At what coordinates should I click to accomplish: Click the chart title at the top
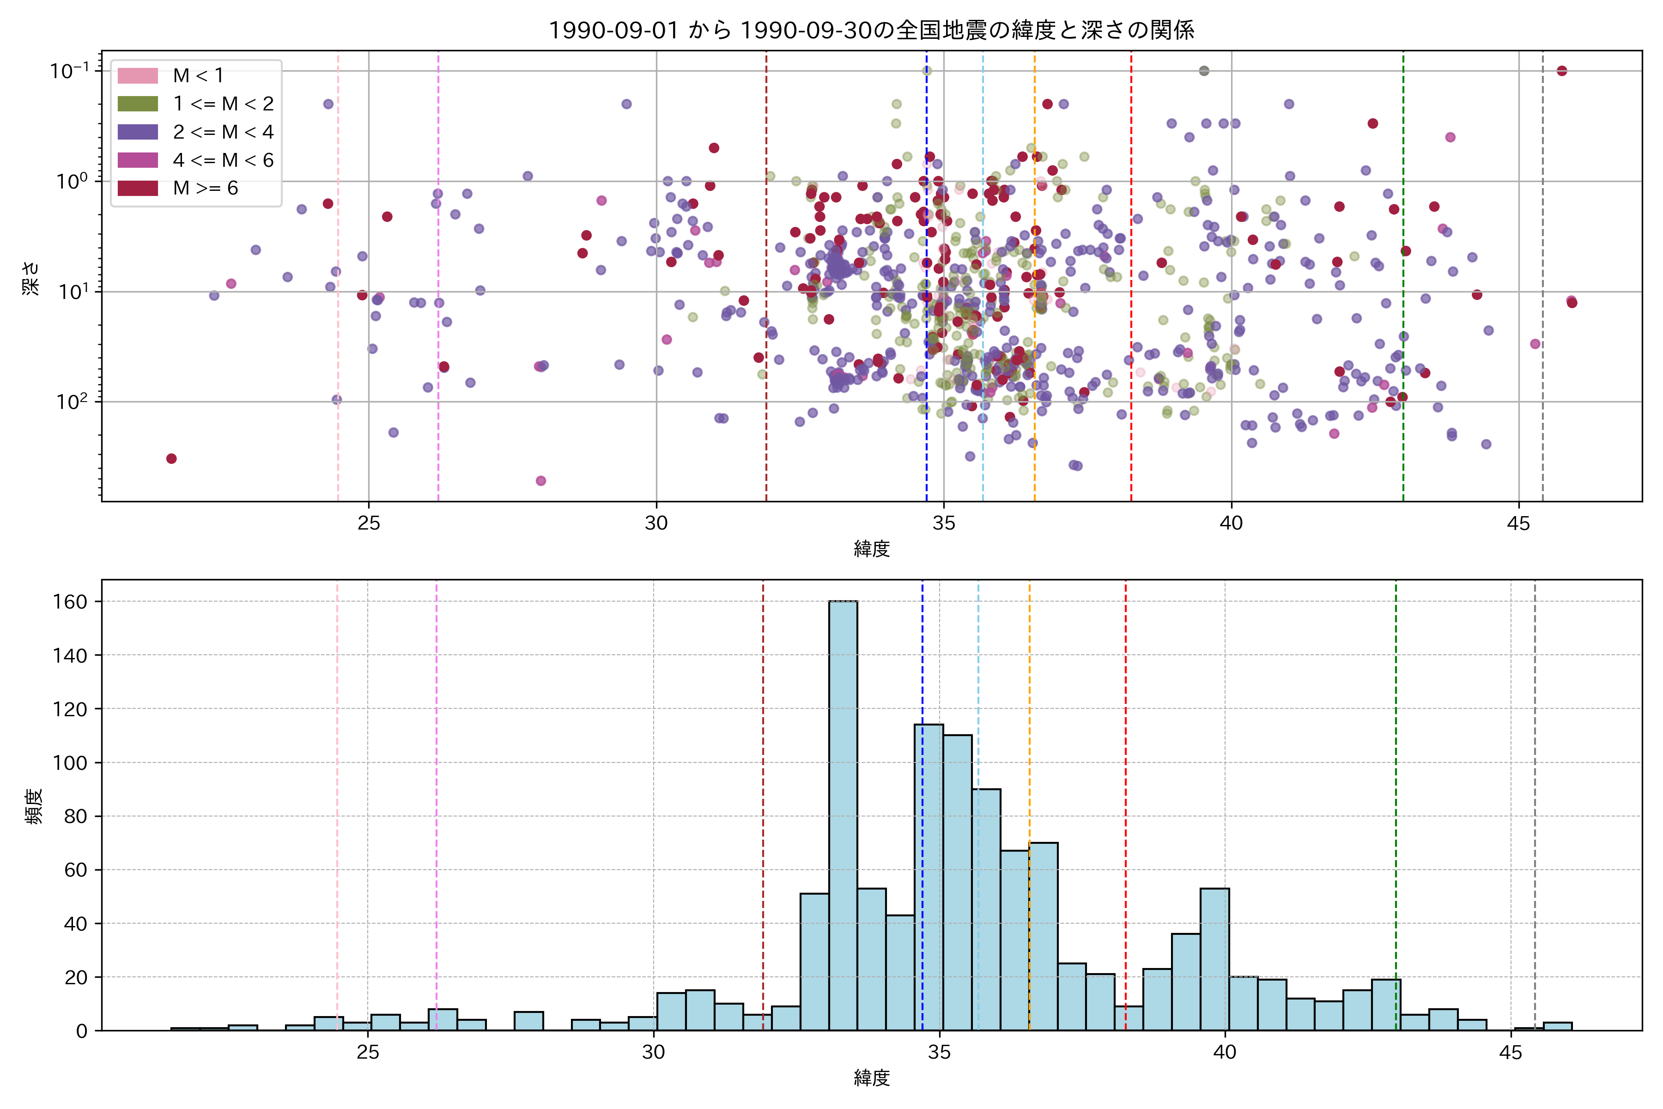[x=871, y=30]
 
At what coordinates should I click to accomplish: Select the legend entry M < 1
[x=198, y=75]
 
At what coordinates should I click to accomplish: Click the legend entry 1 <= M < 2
[x=223, y=103]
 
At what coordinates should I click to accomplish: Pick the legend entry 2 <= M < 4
[x=223, y=132]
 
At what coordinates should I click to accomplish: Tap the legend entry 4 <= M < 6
[x=223, y=160]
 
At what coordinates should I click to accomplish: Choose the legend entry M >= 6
[x=205, y=188]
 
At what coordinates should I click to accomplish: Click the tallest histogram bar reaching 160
[x=843, y=813]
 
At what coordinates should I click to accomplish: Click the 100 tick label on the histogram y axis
[x=70, y=762]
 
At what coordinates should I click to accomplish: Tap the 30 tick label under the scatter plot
[x=656, y=524]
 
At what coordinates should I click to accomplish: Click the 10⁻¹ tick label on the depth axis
[x=69, y=71]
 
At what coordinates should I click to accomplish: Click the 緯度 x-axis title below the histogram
[x=871, y=1078]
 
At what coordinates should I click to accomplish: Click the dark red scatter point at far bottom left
[x=171, y=458]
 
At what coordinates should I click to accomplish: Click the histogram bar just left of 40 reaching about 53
[x=1214, y=959]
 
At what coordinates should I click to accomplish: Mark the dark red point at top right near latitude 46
[x=1562, y=71]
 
